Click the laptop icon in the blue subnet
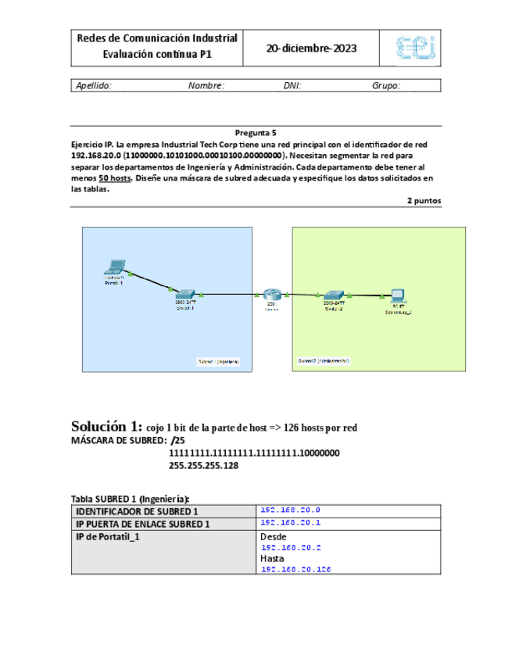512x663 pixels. pyautogui.click(x=115, y=267)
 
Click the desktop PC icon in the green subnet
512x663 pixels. pyautogui.click(x=397, y=296)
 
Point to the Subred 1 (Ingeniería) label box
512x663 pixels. pyautogui.click(x=219, y=361)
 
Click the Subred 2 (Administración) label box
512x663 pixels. pyautogui.click(x=324, y=361)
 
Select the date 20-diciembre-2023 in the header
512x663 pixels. pyautogui.click(x=311, y=48)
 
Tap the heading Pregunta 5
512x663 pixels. pyautogui.click(x=256, y=133)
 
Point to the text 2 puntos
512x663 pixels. pyautogui.click(x=424, y=200)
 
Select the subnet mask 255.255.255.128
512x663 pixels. pyautogui.click(x=203, y=465)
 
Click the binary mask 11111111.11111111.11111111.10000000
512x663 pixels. pyautogui.click(x=254, y=453)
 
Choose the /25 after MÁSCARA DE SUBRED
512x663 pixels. pyautogui.click(x=177, y=440)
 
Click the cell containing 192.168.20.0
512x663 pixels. pyautogui.click(x=290, y=510)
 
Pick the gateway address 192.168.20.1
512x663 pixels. pyautogui.click(x=290, y=522)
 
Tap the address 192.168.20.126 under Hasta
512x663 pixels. pyautogui.click(x=295, y=570)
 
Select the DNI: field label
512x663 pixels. pyautogui.click(x=292, y=86)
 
